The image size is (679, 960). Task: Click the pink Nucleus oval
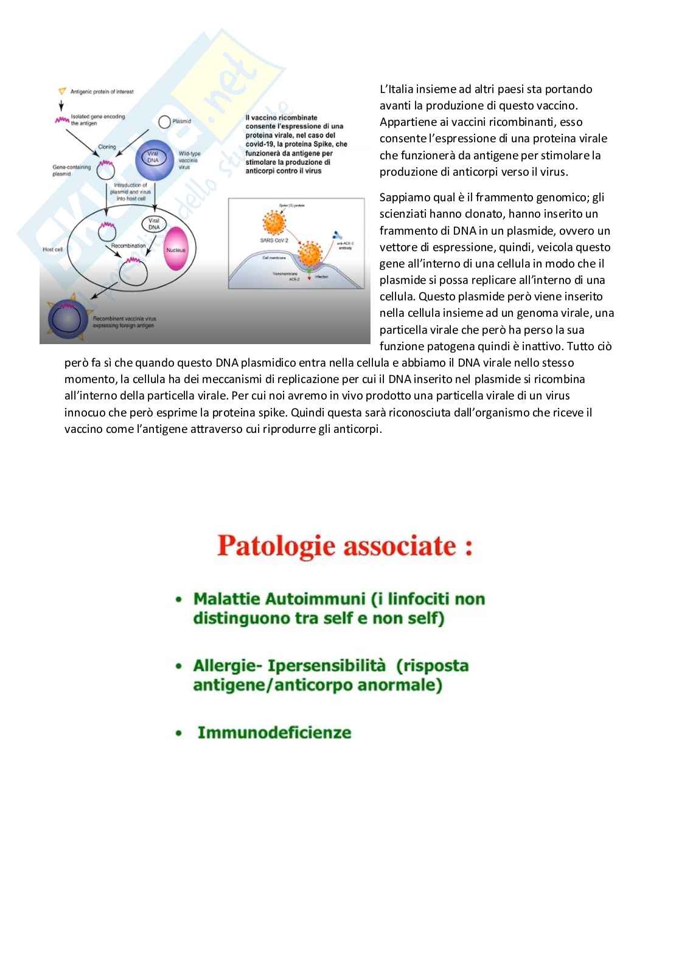(x=176, y=249)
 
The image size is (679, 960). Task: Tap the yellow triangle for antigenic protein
(x=62, y=91)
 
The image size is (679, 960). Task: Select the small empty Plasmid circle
(x=164, y=122)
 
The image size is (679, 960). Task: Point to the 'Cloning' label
(x=107, y=147)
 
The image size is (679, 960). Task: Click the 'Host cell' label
(x=52, y=249)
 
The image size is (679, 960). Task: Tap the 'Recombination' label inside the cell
(x=128, y=246)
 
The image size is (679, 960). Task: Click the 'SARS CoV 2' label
(x=274, y=241)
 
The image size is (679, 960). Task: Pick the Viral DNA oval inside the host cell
(x=154, y=224)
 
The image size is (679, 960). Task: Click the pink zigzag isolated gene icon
(x=61, y=120)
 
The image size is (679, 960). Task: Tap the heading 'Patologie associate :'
(x=345, y=545)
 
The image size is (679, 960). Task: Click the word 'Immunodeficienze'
(x=274, y=732)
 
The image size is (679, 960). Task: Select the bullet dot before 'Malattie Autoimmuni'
(x=179, y=599)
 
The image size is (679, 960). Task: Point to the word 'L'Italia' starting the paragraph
(x=396, y=89)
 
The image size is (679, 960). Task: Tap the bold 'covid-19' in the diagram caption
(x=261, y=144)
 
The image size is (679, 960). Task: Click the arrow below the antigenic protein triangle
(x=61, y=105)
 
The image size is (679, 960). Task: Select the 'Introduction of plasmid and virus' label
(x=131, y=192)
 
